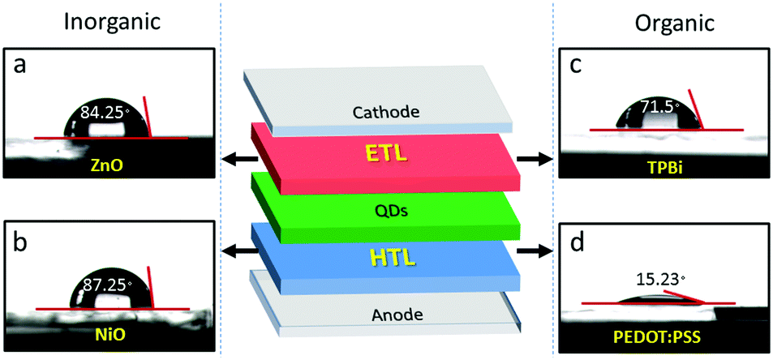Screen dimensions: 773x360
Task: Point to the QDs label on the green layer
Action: (386, 212)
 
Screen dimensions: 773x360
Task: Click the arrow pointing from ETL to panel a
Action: (240, 159)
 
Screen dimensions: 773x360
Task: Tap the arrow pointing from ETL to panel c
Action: (534, 159)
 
